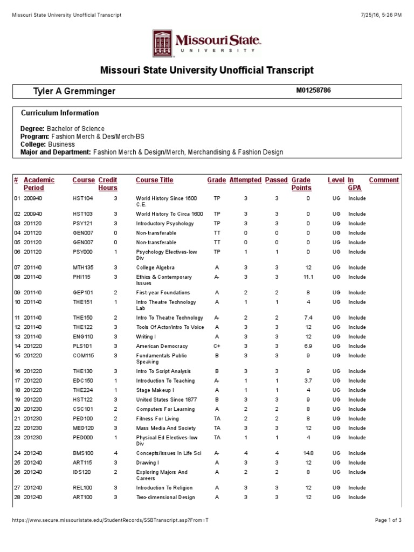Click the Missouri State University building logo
(x=163, y=43)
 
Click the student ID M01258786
(x=313, y=91)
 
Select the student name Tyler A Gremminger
(x=74, y=92)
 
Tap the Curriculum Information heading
(x=60, y=113)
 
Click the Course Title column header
(x=154, y=180)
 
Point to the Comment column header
(x=384, y=180)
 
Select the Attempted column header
(x=245, y=180)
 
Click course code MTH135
(x=83, y=267)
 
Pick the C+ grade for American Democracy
(x=217, y=346)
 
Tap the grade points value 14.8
(x=308, y=453)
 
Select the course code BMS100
(x=83, y=453)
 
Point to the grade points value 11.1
(x=308, y=277)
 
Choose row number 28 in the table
(x=16, y=498)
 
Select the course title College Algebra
(x=155, y=267)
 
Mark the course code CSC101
(x=83, y=409)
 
